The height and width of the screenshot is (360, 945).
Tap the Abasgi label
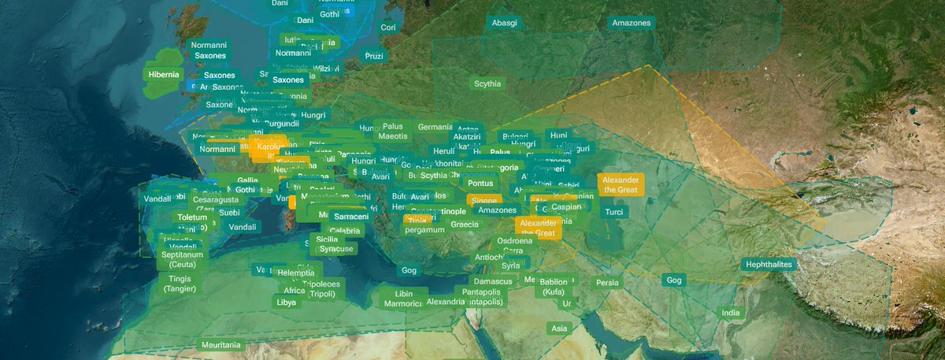[504, 23]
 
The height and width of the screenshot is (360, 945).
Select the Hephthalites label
[769, 265]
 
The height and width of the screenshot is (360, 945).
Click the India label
[731, 314]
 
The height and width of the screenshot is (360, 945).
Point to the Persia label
[607, 283]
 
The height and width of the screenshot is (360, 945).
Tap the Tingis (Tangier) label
[180, 284]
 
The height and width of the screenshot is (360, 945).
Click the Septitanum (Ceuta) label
[183, 260]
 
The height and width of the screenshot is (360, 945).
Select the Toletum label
[192, 217]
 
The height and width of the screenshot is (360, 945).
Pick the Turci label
[614, 212]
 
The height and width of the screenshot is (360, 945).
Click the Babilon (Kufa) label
[554, 287]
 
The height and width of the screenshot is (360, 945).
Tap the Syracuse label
[336, 249]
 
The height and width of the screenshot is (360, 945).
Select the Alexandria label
[446, 302]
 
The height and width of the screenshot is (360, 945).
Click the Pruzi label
[374, 57]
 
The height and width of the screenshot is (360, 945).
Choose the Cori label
[387, 27]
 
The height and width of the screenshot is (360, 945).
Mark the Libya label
[286, 302]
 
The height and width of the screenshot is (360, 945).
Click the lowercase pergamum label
[424, 230]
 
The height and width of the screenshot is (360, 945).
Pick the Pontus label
[480, 184]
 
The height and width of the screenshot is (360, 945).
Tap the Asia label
[559, 328]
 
